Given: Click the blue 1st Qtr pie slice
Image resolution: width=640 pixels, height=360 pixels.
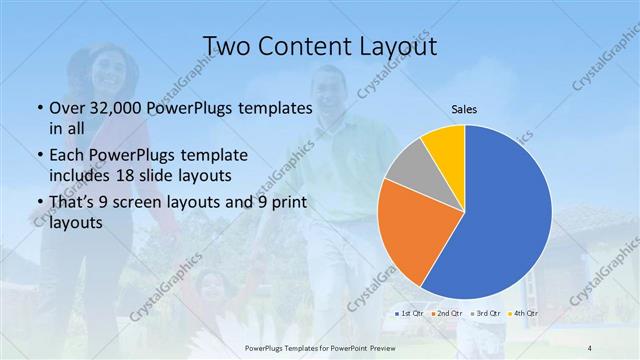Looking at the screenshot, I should (x=505, y=215).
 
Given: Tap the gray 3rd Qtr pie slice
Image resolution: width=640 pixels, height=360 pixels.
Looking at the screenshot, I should (x=408, y=166).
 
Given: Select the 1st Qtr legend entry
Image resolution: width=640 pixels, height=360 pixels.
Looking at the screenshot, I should (x=409, y=313).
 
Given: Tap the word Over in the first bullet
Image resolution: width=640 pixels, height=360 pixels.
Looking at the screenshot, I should (x=67, y=108).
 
